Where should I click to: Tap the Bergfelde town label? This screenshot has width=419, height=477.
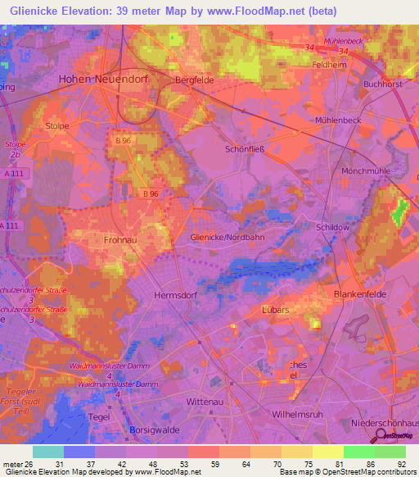(x=194, y=79)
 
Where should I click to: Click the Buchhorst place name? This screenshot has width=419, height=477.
(x=383, y=84)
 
